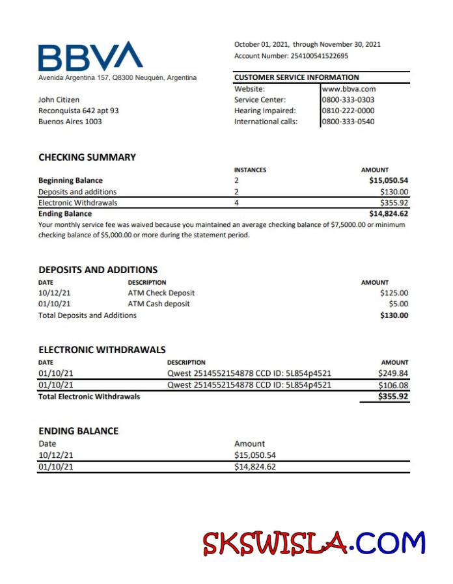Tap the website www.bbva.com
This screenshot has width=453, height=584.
click(x=349, y=89)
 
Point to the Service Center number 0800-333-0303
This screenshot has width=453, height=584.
click(x=348, y=100)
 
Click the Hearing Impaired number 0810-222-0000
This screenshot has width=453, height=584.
click(x=348, y=111)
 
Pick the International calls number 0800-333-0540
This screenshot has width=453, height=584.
click(x=348, y=122)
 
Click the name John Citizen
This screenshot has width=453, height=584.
click(x=59, y=100)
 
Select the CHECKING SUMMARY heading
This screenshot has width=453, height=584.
click(x=87, y=157)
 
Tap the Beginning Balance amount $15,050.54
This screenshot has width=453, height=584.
click(x=389, y=180)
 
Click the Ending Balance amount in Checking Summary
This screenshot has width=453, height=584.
click(x=389, y=213)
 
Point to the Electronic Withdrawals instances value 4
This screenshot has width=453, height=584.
click(x=237, y=202)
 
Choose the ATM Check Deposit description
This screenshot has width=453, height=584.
click(x=161, y=293)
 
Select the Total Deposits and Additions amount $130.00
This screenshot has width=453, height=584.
click(x=394, y=315)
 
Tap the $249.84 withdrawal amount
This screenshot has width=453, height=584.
click(x=393, y=373)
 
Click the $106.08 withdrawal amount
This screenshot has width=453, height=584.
click(x=393, y=384)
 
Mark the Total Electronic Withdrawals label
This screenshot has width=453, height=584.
click(x=89, y=396)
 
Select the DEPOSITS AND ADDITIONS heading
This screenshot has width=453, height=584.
click(x=98, y=269)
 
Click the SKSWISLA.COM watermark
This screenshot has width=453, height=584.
click(x=313, y=543)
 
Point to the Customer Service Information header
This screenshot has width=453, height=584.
click(x=297, y=77)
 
